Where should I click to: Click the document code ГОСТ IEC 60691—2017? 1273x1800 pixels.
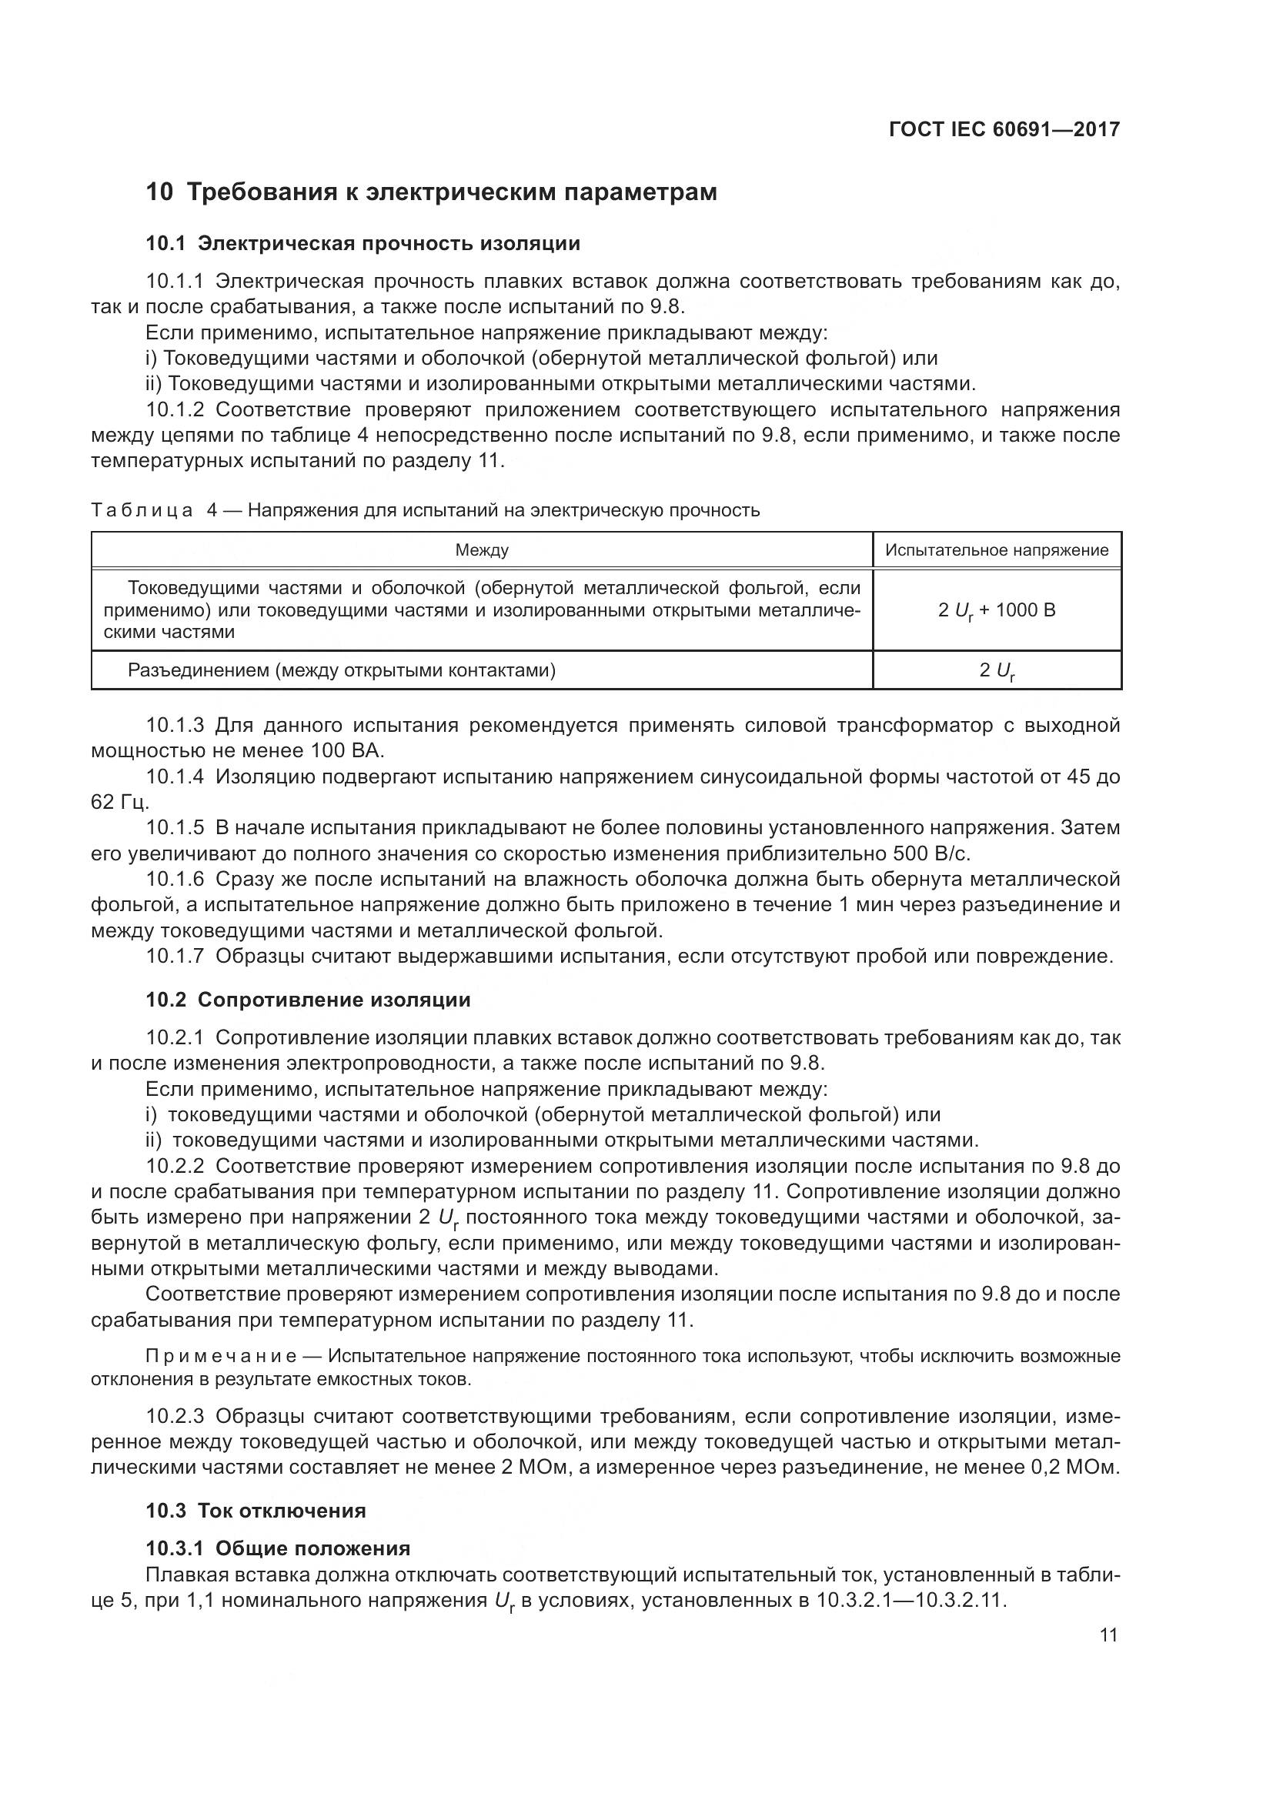1004,129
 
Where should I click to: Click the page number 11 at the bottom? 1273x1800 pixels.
1108,1635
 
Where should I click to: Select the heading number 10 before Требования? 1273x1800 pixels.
159,192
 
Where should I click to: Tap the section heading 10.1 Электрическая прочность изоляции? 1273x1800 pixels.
363,243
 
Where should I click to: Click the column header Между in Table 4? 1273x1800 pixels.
481,550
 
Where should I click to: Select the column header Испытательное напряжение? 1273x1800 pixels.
996,550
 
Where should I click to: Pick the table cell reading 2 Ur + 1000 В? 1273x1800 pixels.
996,610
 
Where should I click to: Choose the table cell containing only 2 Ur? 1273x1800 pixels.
996,671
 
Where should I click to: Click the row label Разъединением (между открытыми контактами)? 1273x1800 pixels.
342,670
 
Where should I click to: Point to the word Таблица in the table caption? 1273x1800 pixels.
142,510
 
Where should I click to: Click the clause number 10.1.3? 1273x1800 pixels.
174,725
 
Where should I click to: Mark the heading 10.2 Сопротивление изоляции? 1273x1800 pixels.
308,1000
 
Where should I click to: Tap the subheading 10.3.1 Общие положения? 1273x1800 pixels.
278,1548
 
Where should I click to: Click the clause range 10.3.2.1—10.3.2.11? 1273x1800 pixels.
910,1600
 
